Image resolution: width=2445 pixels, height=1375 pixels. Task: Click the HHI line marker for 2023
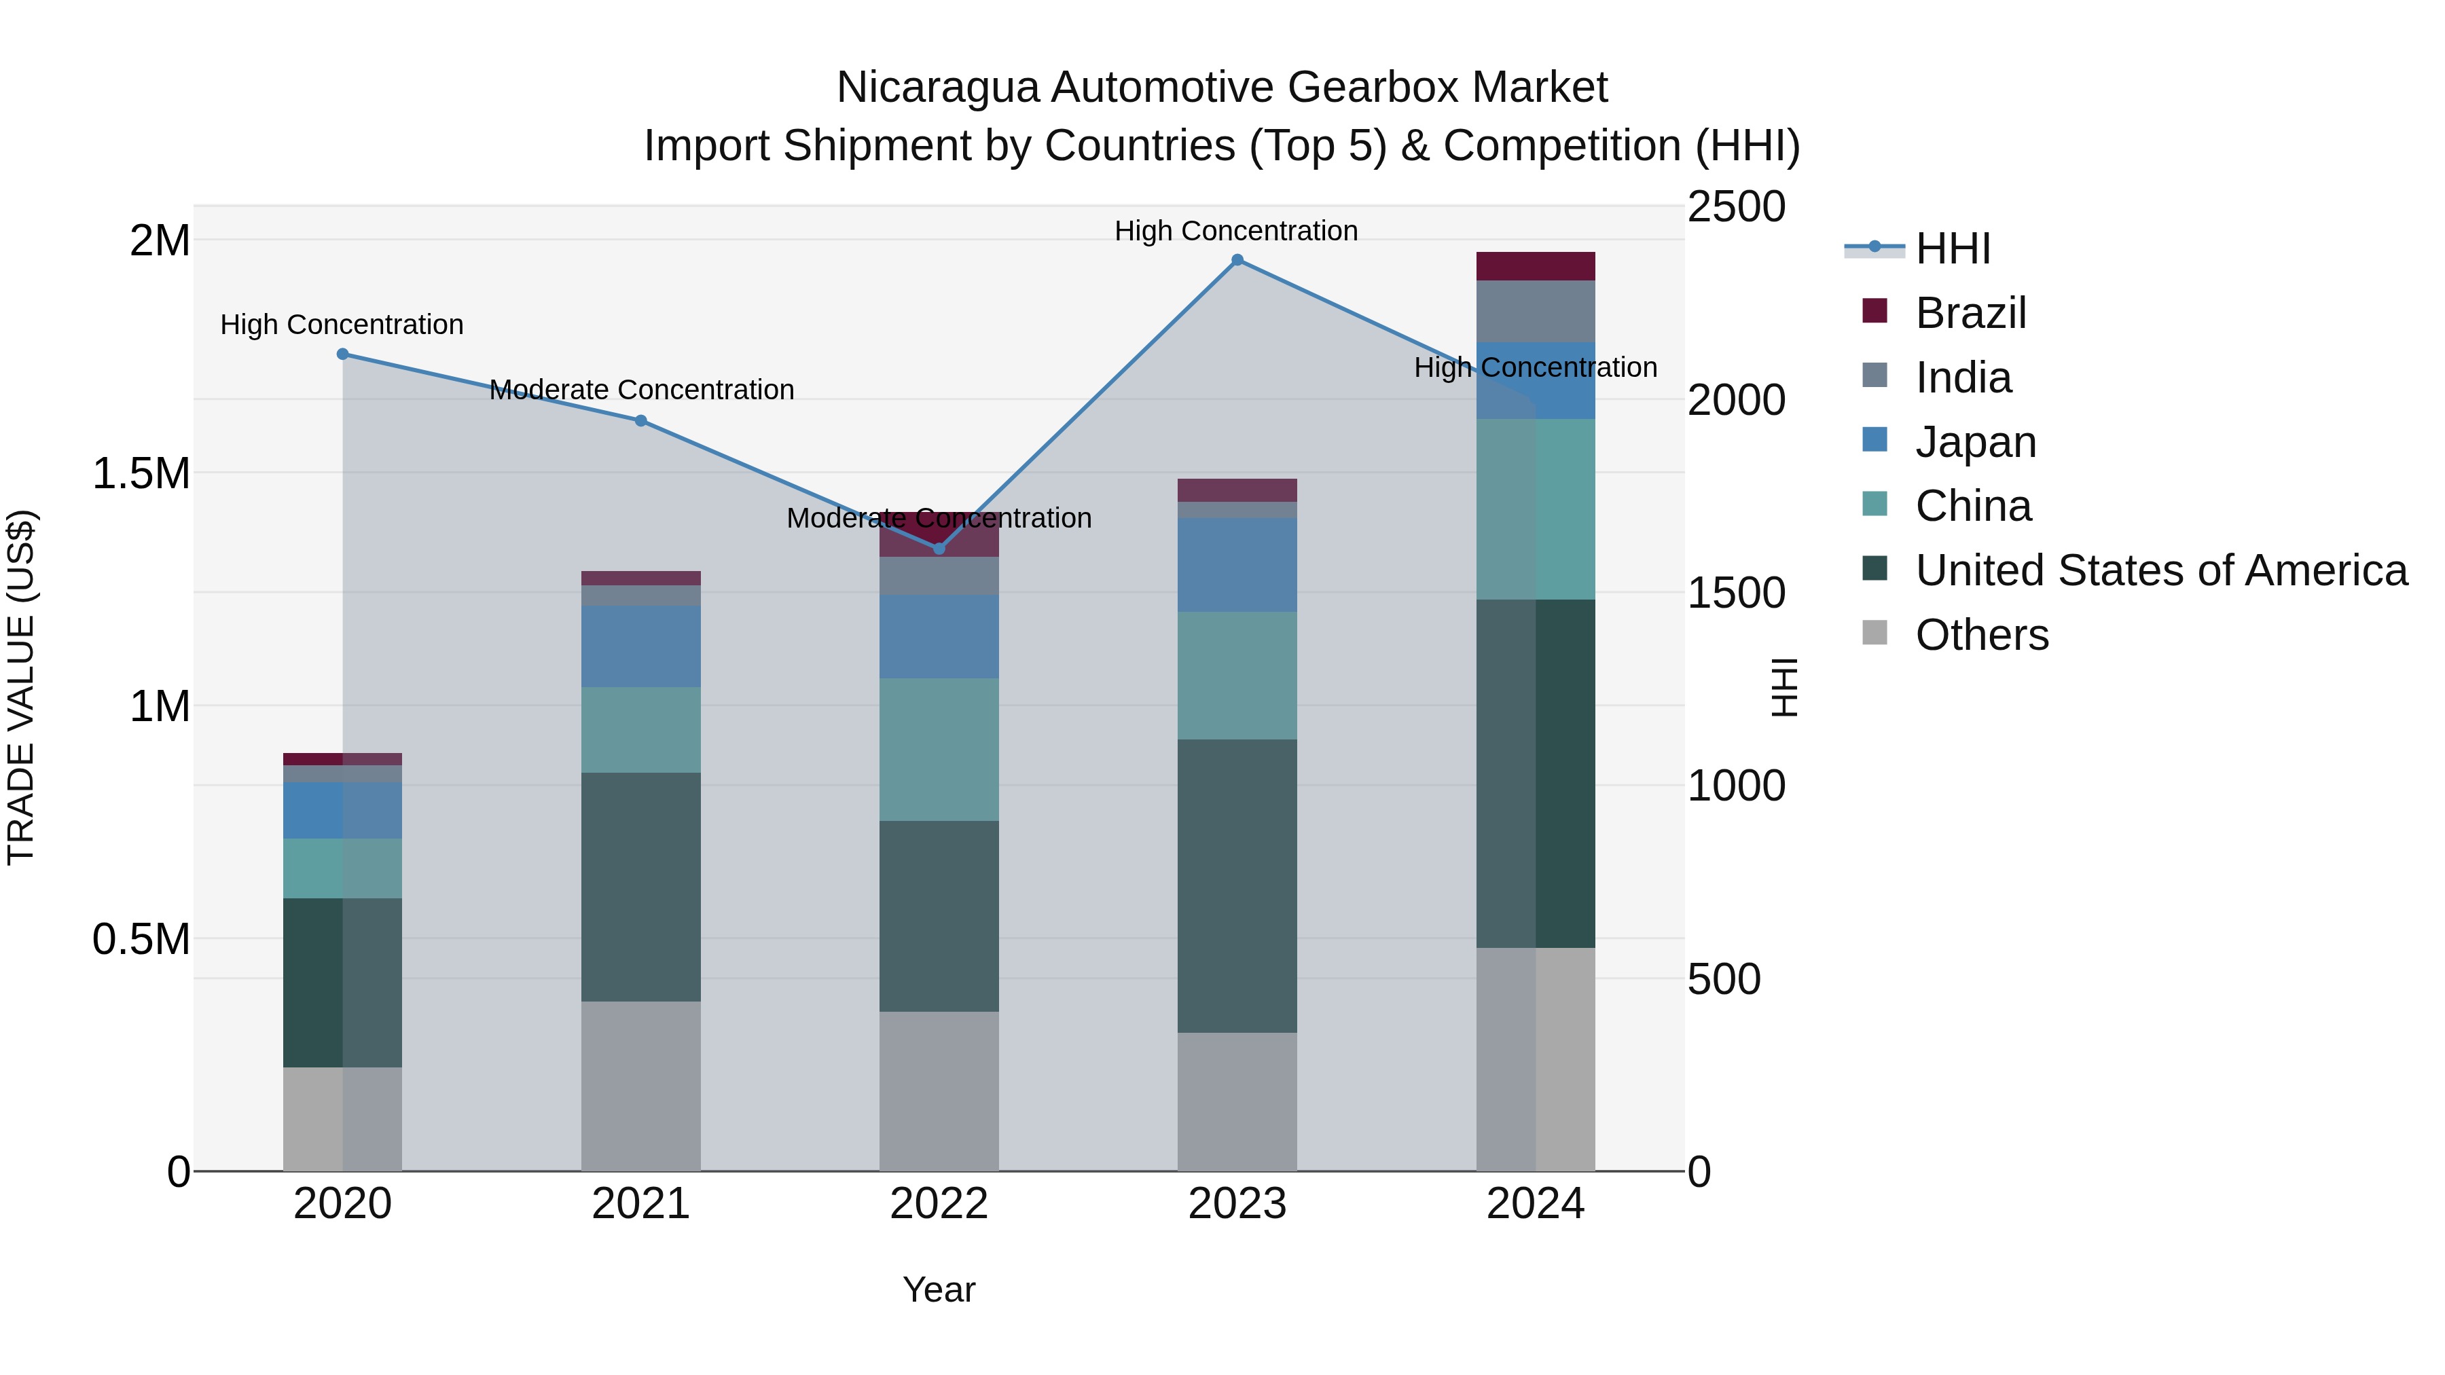point(1237,260)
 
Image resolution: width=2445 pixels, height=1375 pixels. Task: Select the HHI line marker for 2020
point(343,354)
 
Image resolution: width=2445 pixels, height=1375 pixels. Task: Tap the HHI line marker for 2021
point(640,420)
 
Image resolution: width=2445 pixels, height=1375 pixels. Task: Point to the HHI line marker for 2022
point(939,549)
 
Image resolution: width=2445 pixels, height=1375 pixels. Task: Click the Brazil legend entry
point(1970,313)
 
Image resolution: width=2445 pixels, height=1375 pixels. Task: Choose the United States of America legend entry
point(2160,570)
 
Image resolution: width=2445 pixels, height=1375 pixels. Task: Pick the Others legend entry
point(1981,635)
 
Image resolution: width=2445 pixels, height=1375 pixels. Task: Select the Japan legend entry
point(1975,442)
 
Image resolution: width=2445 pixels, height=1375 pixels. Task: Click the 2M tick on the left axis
point(160,241)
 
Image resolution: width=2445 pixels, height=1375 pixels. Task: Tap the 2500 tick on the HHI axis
point(1736,207)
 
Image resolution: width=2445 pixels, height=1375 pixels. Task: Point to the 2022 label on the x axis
point(939,1204)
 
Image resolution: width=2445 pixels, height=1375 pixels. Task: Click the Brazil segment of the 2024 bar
point(1536,267)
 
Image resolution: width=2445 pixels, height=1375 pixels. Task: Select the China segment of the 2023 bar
point(1237,675)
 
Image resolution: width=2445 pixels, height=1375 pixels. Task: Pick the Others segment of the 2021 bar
point(640,1086)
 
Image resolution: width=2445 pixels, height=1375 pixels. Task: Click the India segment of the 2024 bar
point(1536,311)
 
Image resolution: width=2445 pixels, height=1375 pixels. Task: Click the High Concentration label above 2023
point(1236,231)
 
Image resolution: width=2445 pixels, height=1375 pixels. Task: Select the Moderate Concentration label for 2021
point(642,390)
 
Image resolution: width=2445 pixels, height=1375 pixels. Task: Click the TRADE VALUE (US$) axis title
point(21,687)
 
